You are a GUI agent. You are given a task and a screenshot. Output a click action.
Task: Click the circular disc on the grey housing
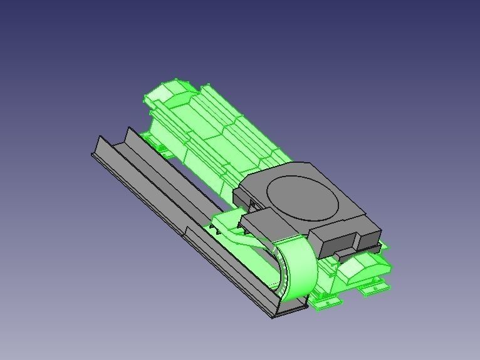[303, 197]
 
